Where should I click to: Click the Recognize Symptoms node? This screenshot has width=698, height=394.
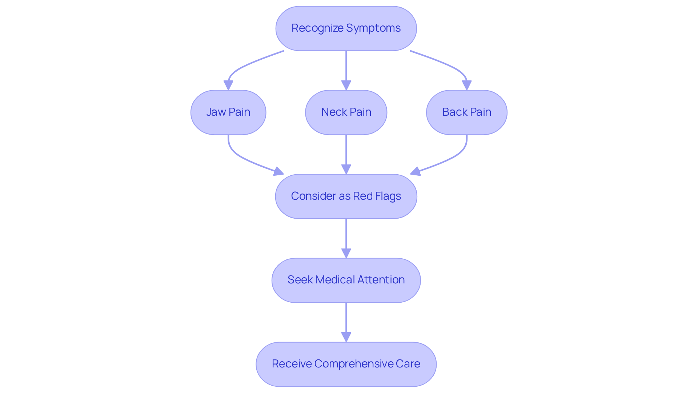(x=346, y=28)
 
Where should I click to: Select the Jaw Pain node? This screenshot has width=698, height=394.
(x=228, y=112)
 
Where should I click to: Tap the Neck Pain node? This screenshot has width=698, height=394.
(x=346, y=112)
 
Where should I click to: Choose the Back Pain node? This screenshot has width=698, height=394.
(x=466, y=112)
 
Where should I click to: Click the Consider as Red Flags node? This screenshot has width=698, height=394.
(x=346, y=196)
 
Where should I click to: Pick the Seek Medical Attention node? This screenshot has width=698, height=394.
(x=346, y=280)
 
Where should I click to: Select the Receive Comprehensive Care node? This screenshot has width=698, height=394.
(x=346, y=364)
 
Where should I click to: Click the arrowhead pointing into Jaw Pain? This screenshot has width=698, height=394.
(x=228, y=85)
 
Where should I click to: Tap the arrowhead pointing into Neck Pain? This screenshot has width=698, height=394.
(x=346, y=85)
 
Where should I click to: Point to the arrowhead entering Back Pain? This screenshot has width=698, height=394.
(x=467, y=85)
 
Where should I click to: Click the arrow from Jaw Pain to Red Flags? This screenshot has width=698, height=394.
(x=240, y=156)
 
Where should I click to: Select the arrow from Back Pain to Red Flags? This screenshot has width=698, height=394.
(x=454, y=156)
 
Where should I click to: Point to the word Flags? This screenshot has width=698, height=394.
(x=388, y=196)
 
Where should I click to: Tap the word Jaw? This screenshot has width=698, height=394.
(x=216, y=112)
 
